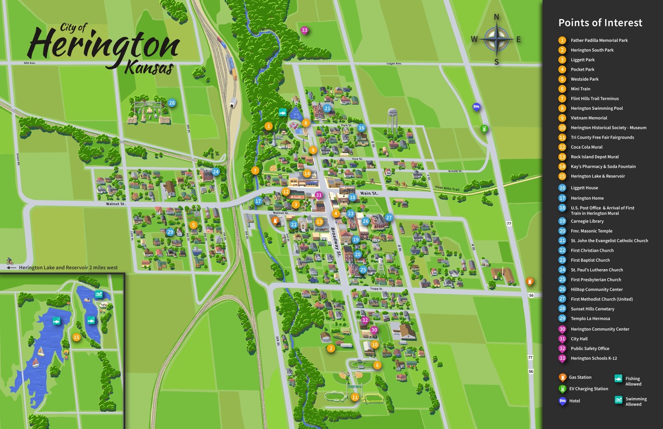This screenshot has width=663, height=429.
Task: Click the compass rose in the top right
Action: click(x=496, y=39)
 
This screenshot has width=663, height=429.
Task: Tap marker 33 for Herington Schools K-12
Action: click(x=304, y=30)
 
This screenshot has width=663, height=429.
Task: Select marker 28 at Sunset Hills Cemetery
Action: click(x=172, y=103)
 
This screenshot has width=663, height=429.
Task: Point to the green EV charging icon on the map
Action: click(x=484, y=128)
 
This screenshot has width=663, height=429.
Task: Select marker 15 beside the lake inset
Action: click(x=76, y=337)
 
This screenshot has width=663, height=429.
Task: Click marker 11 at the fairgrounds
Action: click(x=355, y=397)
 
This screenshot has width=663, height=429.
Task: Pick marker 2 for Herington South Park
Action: click(x=331, y=348)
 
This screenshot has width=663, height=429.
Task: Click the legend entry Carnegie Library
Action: click(x=587, y=221)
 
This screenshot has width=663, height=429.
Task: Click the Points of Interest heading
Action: click(x=600, y=23)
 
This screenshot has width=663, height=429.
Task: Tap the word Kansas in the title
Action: click(x=150, y=68)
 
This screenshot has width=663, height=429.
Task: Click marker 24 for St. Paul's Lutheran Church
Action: click(x=215, y=171)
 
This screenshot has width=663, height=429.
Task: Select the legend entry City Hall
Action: click(x=579, y=339)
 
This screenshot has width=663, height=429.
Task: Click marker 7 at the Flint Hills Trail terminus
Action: click(x=255, y=170)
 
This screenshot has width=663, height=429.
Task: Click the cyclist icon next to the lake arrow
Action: click(x=8, y=261)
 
